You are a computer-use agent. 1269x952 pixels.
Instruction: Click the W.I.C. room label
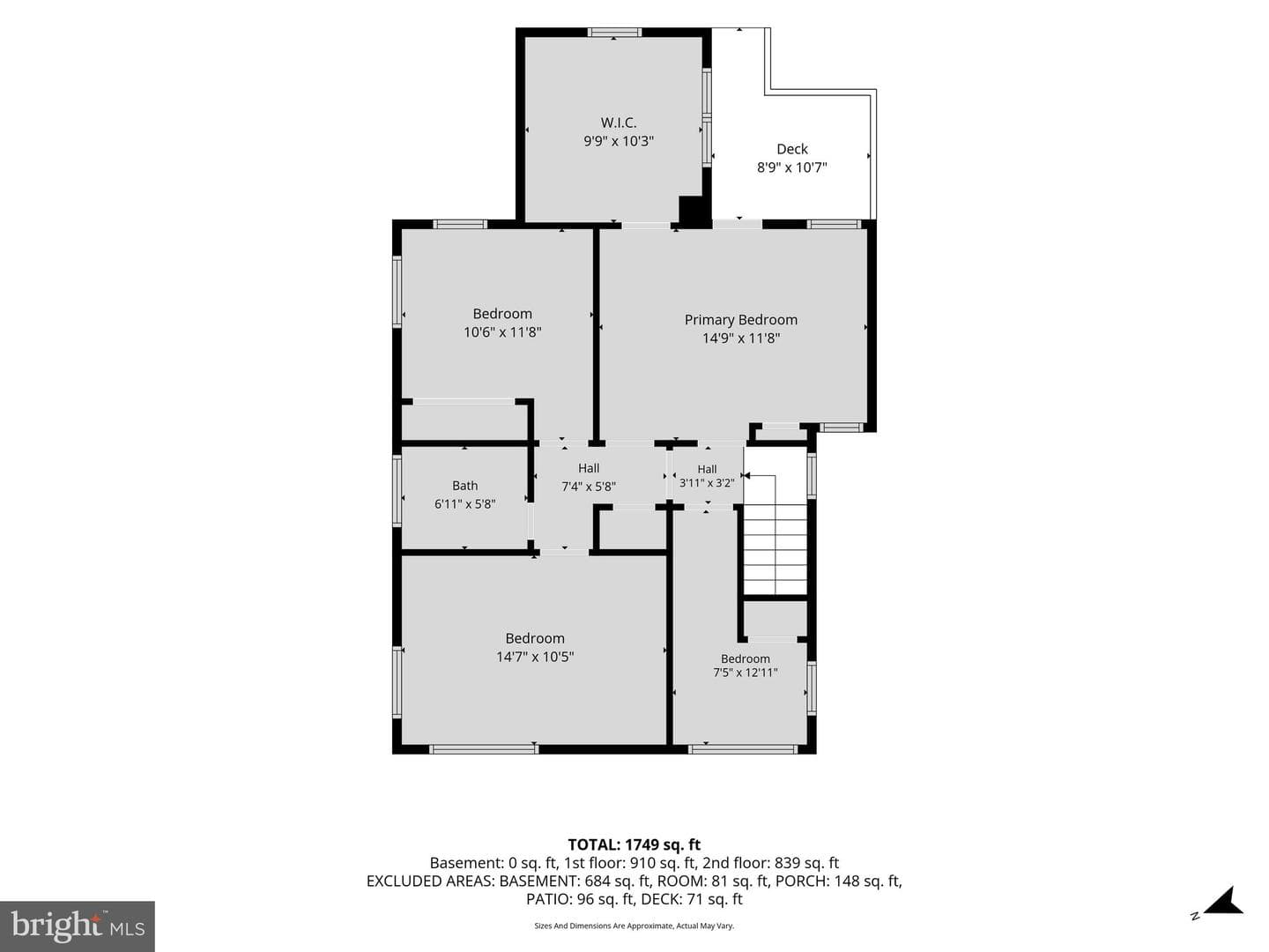click(x=618, y=123)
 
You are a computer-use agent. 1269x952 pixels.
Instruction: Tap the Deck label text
click(x=792, y=149)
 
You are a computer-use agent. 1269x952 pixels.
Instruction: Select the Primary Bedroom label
click(x=740, y=320)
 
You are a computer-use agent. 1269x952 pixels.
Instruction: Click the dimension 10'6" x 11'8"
click(x=502, y=332)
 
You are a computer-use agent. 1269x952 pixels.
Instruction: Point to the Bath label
click(x=464, y=486)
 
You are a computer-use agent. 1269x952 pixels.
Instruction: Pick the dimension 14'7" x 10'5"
click(x=535, y=657)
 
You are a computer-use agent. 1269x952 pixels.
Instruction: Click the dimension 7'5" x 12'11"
click(x=746, y=673)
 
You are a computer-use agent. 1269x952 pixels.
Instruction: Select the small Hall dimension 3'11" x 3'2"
click(x=707, y=483)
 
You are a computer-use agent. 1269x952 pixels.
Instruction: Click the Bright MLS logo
click(x=78, y=926)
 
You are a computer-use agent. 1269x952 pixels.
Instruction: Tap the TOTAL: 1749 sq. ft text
click(x=634, y=845)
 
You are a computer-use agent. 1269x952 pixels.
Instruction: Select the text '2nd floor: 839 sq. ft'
click(x=770, y=863)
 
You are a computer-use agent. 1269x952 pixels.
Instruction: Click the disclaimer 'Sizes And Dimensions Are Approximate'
click(x=604, y=926)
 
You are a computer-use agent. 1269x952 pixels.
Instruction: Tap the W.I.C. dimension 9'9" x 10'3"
click(x=618, y=141)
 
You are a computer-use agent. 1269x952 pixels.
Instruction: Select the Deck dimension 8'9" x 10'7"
click(x=792, y=167)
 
